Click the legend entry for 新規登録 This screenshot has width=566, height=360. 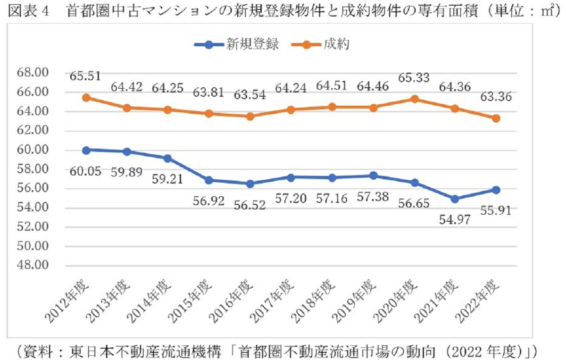[236, 45]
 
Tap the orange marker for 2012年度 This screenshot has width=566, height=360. [86, 98]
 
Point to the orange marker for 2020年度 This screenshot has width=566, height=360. [415, 99]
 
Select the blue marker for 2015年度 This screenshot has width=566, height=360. [209, 180]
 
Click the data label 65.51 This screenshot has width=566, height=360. [85, 76]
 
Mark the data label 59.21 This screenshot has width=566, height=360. [167, 179]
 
